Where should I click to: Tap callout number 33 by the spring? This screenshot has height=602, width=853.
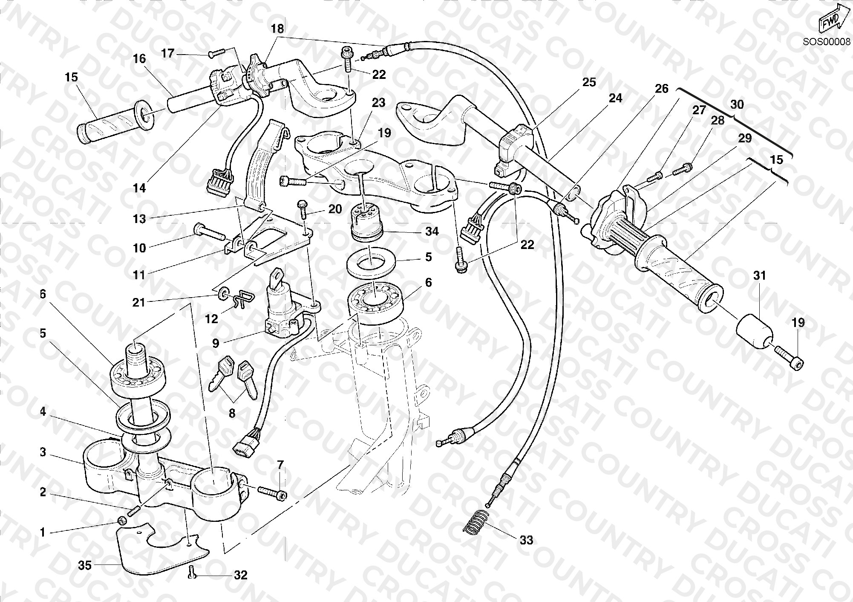[527, 540]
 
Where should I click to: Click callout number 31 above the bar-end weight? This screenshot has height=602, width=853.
[759, 276]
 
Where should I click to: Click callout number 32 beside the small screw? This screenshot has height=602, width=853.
[241, 575]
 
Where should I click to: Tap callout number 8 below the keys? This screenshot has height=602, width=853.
[232, 413]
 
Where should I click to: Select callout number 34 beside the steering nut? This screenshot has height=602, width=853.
[432, 232]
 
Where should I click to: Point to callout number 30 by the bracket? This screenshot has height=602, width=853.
[737, 104]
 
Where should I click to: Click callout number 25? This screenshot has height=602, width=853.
[589, 82]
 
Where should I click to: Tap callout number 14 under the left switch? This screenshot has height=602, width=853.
[139, 188]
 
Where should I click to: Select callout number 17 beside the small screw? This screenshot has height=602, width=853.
[168, 53]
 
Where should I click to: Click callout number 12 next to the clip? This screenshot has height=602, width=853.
[212, 319]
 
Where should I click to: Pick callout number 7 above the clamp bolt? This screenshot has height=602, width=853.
[280, 465]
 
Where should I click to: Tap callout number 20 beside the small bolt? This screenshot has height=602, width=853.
[335, 209]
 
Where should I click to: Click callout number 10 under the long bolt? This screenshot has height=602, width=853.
[139, 248]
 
